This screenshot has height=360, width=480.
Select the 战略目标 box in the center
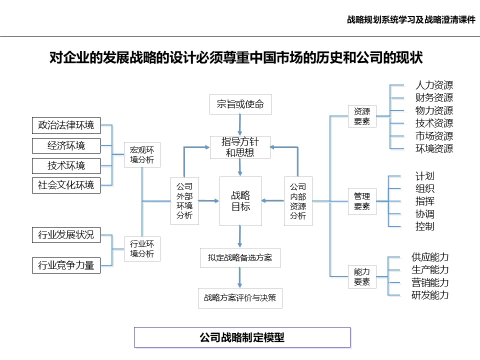pyautogui.click(x=240, y=201)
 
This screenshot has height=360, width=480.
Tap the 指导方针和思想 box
pyautogui.click(x=240, y=147)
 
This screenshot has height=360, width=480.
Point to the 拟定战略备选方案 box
pyautogui.click(x=240, y=258)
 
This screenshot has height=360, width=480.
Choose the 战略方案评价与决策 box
pyautogui.click(x=240, y=298)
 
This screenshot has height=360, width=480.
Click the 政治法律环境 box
pyautogui.click(x=66, y=125)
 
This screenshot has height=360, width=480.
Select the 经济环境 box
pyautogui.click(x=66, y=145)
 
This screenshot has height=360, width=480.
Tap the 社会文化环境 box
pyautogui.click(x=66, y=185)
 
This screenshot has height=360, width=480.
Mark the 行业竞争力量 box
pyautogui.click(x=66, y=265)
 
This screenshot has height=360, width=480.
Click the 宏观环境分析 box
pyautogui.click(x=142, y=155)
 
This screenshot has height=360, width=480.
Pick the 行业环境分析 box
pyautogui.click(x=142, y=248)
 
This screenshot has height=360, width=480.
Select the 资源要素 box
pyautogui.click(x=362, y=116)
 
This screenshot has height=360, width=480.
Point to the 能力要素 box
pyautogui.click(x=362, y=276)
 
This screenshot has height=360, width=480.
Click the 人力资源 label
pyautogui.click(x=434, y=85)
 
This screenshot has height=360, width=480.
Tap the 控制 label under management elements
pyautogui.click(x=424, y=226)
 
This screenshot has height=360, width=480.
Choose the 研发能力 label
pyautogui.click(x=430, y=295)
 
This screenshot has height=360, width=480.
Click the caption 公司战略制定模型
pyautogui.click(x=242, y=337)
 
